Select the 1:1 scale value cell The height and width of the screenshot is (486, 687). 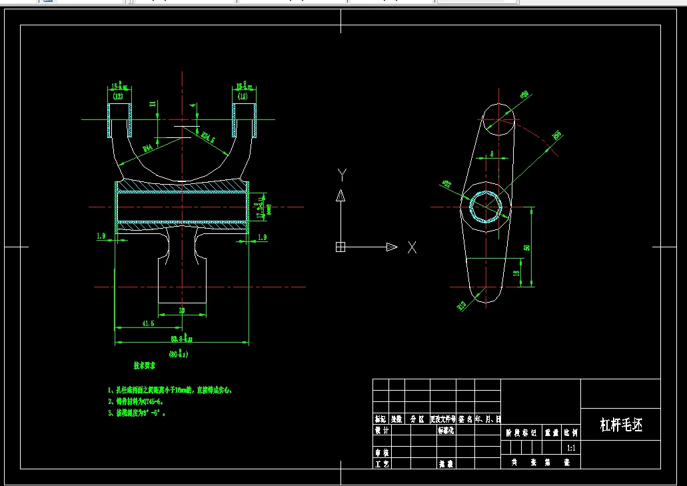tap(571, 448)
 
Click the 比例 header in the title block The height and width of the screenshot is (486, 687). tap(571, 432)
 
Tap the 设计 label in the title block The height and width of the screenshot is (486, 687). tap(381, 431)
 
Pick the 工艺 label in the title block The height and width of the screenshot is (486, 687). tap(381, 463)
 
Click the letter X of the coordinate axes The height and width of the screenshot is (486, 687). tap(412, 247)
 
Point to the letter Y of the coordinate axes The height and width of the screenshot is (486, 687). tap(341, 175)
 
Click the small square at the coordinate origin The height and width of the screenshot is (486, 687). tap(341, 247)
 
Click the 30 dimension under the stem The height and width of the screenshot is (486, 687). tap(181, 310)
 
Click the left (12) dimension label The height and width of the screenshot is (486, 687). tap(118, 97)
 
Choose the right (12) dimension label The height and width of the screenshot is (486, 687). tap(243, 97)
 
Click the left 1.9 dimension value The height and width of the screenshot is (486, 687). tap(101, 237)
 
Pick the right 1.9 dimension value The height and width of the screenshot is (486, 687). tap(261, 237)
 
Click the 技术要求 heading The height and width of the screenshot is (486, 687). tap(145, 366)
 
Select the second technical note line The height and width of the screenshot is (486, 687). tap(135, 401)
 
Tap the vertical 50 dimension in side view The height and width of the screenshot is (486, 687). tap(526, 247)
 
